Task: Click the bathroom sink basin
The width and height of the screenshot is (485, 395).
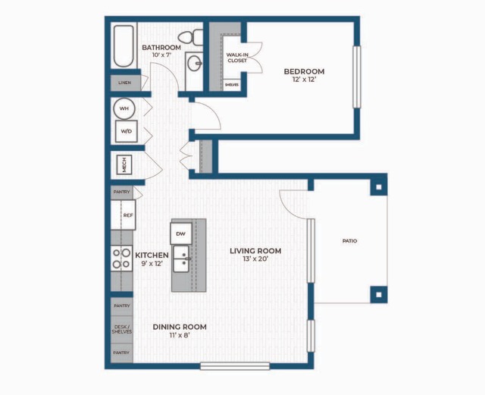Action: [194, 64]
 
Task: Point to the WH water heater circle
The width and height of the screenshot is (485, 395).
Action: [124, 108]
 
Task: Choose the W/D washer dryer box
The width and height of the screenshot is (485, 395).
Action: [124, 131]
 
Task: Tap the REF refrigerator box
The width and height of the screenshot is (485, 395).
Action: [127, 215]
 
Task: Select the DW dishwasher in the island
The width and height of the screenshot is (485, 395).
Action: [180, 234]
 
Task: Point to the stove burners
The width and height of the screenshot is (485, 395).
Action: [121, 259]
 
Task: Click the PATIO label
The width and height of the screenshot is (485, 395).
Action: [349, 241]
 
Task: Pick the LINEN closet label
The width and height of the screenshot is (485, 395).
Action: [123, 82]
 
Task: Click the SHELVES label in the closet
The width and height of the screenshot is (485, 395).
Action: [232, 85]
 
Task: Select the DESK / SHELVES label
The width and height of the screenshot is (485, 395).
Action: [121, 329]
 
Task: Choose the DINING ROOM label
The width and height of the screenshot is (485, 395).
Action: [180, 327]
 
